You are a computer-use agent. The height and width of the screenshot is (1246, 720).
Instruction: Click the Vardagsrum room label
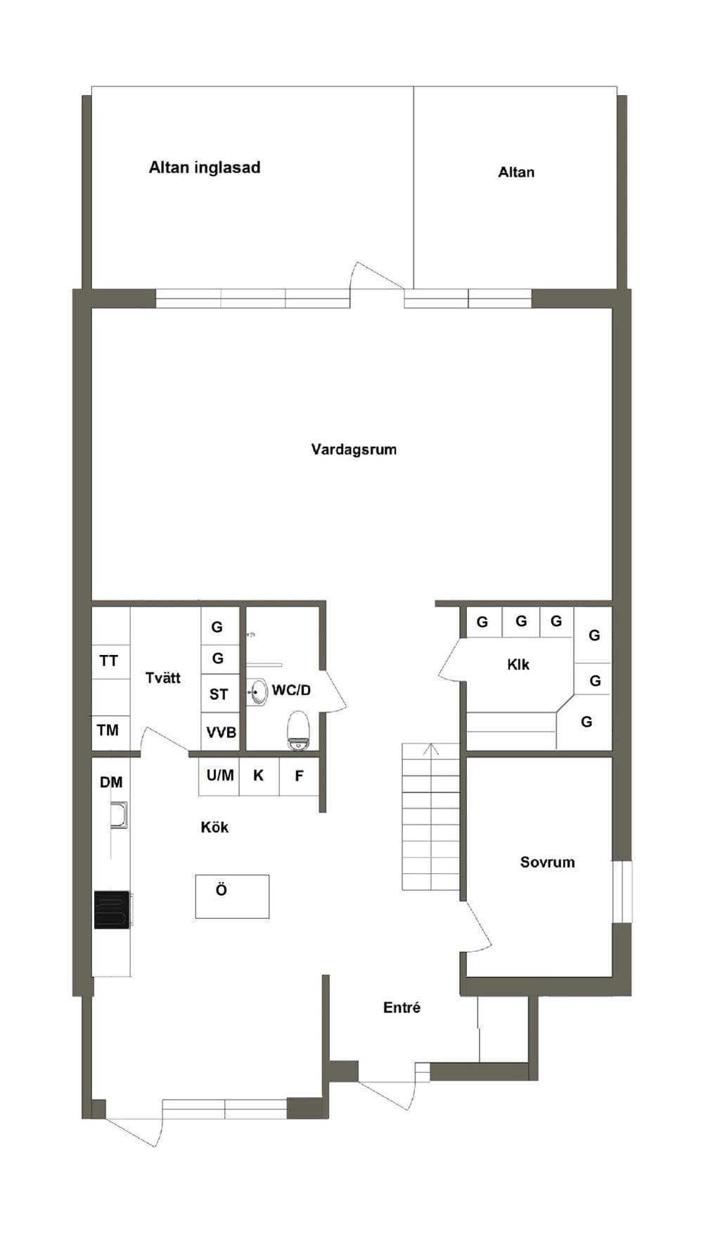354,449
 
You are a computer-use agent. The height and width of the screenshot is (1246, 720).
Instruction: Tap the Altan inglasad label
205,167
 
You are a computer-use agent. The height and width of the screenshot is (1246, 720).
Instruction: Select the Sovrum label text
547,862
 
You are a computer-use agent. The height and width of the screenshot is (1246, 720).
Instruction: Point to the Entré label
401,1007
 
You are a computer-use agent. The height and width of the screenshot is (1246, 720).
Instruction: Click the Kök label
214,827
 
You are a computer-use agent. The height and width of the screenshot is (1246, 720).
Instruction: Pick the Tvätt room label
163,678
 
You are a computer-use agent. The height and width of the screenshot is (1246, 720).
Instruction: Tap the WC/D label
291,690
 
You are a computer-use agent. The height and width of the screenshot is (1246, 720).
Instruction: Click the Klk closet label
518,664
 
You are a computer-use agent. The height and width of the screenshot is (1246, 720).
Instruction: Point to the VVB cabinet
221,732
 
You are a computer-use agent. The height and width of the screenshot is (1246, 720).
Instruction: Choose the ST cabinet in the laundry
221,694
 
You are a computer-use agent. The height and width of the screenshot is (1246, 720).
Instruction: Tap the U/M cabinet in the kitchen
219,776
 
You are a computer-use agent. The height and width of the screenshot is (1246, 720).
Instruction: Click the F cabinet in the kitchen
300,776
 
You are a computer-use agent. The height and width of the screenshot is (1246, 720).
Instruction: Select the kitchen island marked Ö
232,896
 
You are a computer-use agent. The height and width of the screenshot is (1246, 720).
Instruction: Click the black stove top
112,910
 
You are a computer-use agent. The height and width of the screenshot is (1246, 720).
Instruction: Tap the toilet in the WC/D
299,730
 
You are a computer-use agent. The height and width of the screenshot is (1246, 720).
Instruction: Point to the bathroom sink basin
259,692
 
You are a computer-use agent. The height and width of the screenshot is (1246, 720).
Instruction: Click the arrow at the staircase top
431,749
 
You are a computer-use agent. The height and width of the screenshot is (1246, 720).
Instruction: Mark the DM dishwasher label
111,782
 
